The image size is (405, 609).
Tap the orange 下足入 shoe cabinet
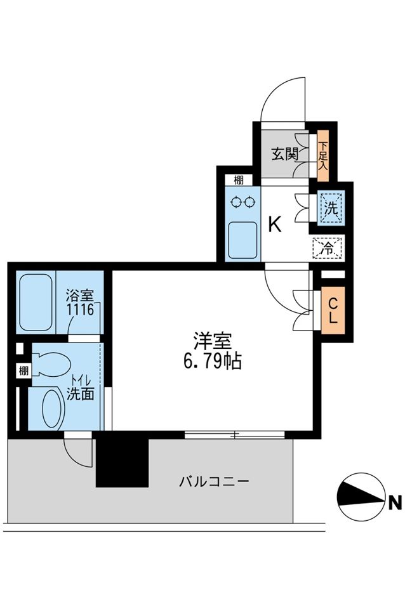323,157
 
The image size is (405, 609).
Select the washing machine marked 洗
330,207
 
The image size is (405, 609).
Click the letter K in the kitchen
274,225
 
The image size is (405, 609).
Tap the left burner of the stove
237,202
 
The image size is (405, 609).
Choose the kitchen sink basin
242,237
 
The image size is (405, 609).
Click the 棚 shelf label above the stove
238,180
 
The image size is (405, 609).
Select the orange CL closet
333,311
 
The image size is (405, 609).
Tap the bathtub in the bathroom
36,302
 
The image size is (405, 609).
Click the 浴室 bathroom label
81,296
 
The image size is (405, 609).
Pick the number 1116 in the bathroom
81,310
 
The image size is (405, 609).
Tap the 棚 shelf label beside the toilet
23,371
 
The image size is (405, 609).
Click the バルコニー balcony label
214,481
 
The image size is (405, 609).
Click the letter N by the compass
395,504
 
